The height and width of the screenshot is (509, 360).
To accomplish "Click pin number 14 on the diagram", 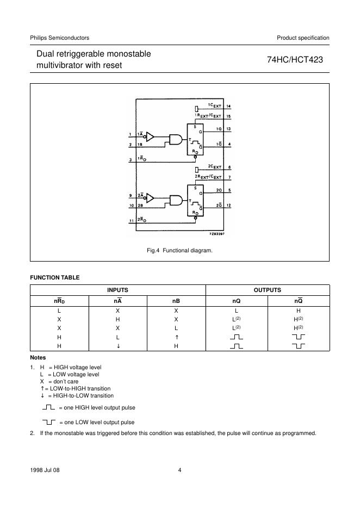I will pyautogui.click(x=229, y=105).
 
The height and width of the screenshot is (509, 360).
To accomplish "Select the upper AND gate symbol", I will pyautogui.click(x=176, y=139).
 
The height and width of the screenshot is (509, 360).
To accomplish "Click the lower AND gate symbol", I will pyautogui.click(x=176, y=200).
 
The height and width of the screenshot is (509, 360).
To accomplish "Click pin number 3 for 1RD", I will pyautogui.click(x=130, y=159).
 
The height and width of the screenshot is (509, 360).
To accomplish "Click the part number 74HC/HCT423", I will pyautogui.click(x=295, y=60).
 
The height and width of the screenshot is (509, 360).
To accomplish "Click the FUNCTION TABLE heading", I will pyautogui.click(x=54, y=277).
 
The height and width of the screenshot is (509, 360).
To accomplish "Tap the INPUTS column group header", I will pyautogui.click(x=117, y=290).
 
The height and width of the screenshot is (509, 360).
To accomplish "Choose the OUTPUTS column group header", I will pyautogui.click(x=268, y=290).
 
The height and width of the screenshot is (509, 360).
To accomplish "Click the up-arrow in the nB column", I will pyautogui.click(x=176, y=337).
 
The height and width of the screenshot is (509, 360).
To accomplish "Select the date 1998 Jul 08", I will pyautogui.click(x=45, y=470).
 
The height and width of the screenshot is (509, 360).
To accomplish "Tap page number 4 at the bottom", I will pyautogui.click(x=179, y=470).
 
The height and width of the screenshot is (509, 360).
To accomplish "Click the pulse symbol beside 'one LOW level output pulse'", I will pyautogui.click(x=48, y=421).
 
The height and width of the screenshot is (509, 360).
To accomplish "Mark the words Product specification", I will pyautogui.click(x=303, y=38).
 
